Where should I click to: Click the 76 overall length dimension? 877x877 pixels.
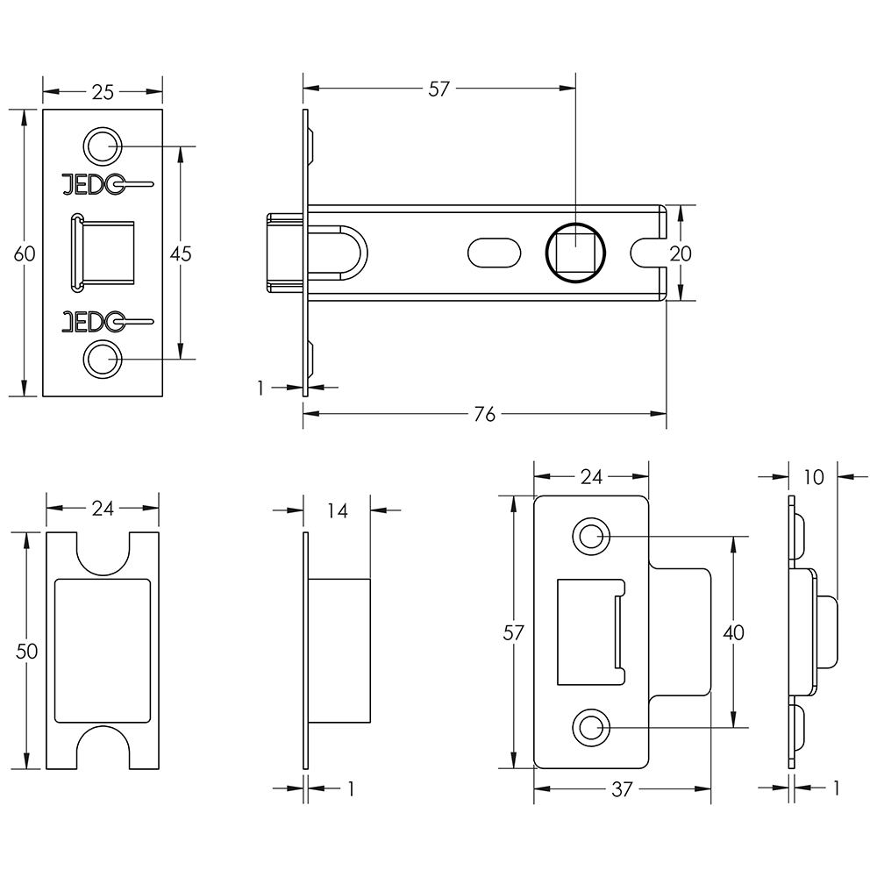click(x=484, y=414)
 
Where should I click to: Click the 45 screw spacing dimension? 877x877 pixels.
click(x=180, y=253)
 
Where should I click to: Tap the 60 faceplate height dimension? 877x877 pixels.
click(x=25, y=253)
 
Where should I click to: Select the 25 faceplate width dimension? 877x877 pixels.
click(x=103, y=91)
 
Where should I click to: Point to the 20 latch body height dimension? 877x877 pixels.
click(x=681, y=253)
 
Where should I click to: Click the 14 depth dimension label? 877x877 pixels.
click(x=338, y=510)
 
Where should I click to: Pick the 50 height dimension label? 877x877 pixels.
click(x=27, y=651)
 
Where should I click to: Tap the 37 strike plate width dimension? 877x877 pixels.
click(x=621, y=789)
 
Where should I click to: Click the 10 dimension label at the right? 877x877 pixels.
click(x=813, y=477)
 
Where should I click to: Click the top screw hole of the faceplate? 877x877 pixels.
click(x=102, y=146)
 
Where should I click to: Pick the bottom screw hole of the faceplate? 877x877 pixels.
click(x=102, y=360)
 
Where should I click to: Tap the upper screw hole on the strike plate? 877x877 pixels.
click(x=590, y=535)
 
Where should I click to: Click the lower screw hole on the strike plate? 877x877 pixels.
click(x=590, y=727)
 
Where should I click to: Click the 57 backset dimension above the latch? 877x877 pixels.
click(x=438, y=89)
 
